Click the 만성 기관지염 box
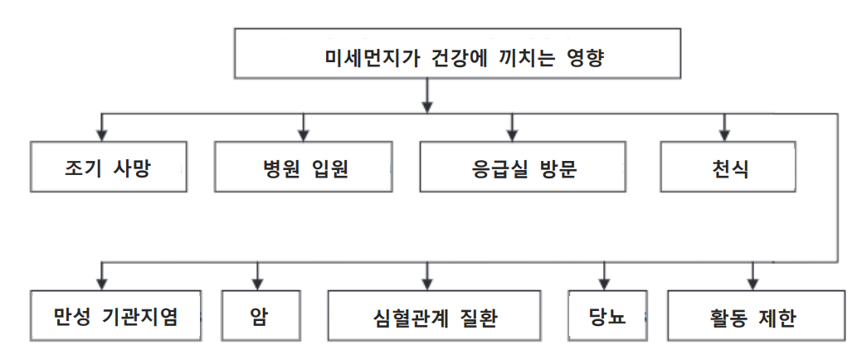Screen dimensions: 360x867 tap(115, 315)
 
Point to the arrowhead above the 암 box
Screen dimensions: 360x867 tap(258, 280)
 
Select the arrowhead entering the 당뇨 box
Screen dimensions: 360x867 tap(603, 280)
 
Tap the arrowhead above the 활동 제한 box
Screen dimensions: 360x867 tap(753, 280)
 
